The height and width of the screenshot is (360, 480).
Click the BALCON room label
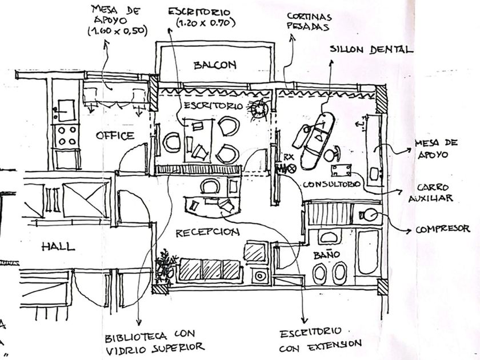coord(214,65)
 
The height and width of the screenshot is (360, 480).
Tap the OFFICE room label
coord(115,135)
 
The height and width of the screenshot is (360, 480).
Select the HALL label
coord(58,247)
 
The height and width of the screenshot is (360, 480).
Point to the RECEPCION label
coord(206,233)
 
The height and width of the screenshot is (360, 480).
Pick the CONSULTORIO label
coord(332,185)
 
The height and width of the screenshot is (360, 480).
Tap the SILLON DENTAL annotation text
coord(371,50)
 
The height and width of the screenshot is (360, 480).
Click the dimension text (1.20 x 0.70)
coord(199,24)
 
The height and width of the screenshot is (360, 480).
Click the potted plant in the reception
coord(166,265)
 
